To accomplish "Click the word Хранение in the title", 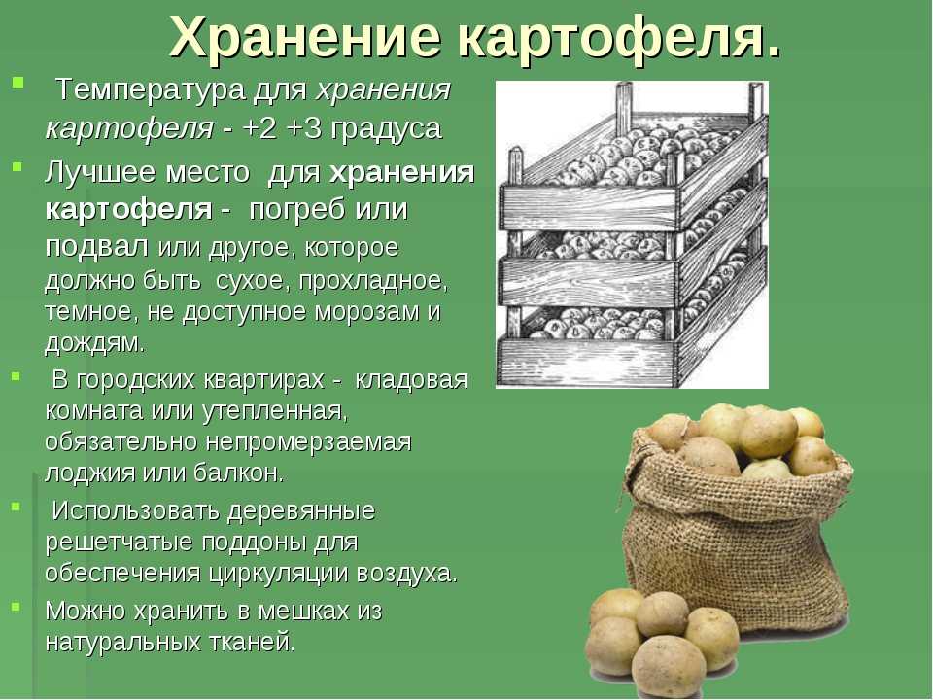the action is [x=304, y=37].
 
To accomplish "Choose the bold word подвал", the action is [x=96, y=246].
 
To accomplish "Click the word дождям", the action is [x=94, y=344].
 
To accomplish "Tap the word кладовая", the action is [x=411, y=380].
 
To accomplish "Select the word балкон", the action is [x=239, y=473].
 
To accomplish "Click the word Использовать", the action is [x=136, y=510].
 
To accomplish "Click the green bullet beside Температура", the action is [x=17, y=82].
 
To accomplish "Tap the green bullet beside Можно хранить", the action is [x=16, y=607].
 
